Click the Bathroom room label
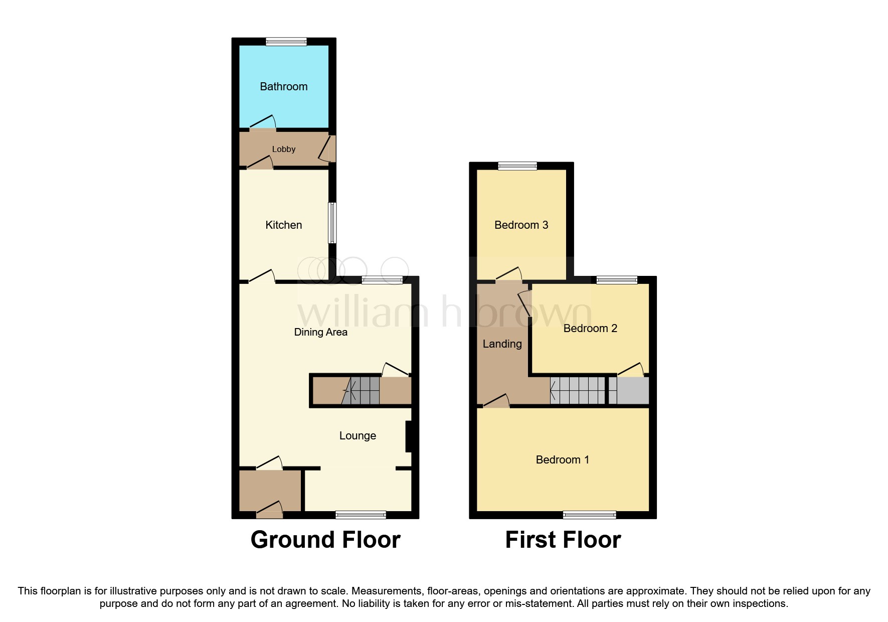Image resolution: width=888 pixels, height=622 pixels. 283,86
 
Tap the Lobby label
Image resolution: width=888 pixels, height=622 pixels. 283,149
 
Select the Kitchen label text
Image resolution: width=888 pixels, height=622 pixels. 283,225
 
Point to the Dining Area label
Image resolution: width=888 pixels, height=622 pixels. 320,332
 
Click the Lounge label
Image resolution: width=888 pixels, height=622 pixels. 358,435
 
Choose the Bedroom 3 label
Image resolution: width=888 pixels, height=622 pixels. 521,225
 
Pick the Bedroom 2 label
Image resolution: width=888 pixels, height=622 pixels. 590,328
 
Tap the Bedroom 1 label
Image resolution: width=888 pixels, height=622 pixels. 562,459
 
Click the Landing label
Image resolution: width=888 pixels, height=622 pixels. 502,344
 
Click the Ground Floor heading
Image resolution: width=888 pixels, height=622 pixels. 325,540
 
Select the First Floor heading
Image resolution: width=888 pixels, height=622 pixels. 563,540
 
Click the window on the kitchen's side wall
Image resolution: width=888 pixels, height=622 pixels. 332,223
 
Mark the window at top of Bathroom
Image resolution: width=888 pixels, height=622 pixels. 286,42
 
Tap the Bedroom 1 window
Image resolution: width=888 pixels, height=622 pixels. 589,515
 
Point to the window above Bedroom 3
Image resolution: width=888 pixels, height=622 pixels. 517,166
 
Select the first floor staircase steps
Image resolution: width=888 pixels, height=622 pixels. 578,390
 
